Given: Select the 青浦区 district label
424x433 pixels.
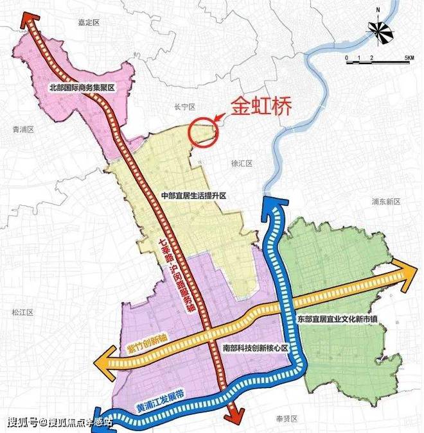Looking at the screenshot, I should pyautogui.click(x=22, y=129).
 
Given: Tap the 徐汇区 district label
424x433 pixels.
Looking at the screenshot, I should pyautogui.click(x=239, y=164).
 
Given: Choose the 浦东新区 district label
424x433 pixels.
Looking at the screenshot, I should pyautogui.click(x=385, y=201).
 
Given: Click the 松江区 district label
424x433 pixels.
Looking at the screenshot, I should pyautogui.click(x=22, y=312).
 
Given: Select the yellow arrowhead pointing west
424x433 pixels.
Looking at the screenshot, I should pyautogui.click(x=102, y=362).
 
